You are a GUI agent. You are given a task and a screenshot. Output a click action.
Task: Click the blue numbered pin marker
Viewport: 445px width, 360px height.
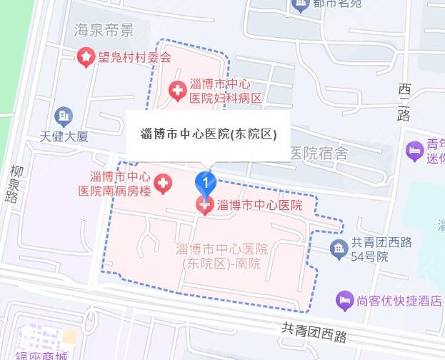[x=206, y=184]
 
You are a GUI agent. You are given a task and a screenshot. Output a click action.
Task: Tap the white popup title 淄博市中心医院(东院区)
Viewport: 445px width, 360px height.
[x=209, y=134]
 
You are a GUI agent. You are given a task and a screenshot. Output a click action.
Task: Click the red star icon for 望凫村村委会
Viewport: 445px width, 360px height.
[x=86, y=56]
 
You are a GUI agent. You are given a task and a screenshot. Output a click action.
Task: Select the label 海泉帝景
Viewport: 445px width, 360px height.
[x=104, y=30]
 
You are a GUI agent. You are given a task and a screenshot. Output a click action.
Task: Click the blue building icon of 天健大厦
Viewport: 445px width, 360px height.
[x=63, y=114]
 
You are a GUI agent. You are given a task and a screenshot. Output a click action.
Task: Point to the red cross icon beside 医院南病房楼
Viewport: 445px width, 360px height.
[x=164, y=184]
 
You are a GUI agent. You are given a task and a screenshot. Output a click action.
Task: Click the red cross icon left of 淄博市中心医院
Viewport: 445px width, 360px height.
[x=204, y=206]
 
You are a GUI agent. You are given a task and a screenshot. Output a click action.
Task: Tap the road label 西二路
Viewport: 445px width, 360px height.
[x=404, y=103]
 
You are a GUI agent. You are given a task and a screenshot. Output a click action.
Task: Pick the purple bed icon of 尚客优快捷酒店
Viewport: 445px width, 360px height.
[x=345, y=300]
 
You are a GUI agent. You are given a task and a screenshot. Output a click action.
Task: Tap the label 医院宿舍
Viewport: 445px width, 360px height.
[x=319, y=154]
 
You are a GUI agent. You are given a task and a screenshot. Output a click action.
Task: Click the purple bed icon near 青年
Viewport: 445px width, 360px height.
[x=414, y=151]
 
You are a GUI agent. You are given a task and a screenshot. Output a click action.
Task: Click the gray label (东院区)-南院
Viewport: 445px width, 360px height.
[x=221, y=264]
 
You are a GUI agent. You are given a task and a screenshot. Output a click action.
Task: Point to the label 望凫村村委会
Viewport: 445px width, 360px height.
[x=135, y=56]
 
